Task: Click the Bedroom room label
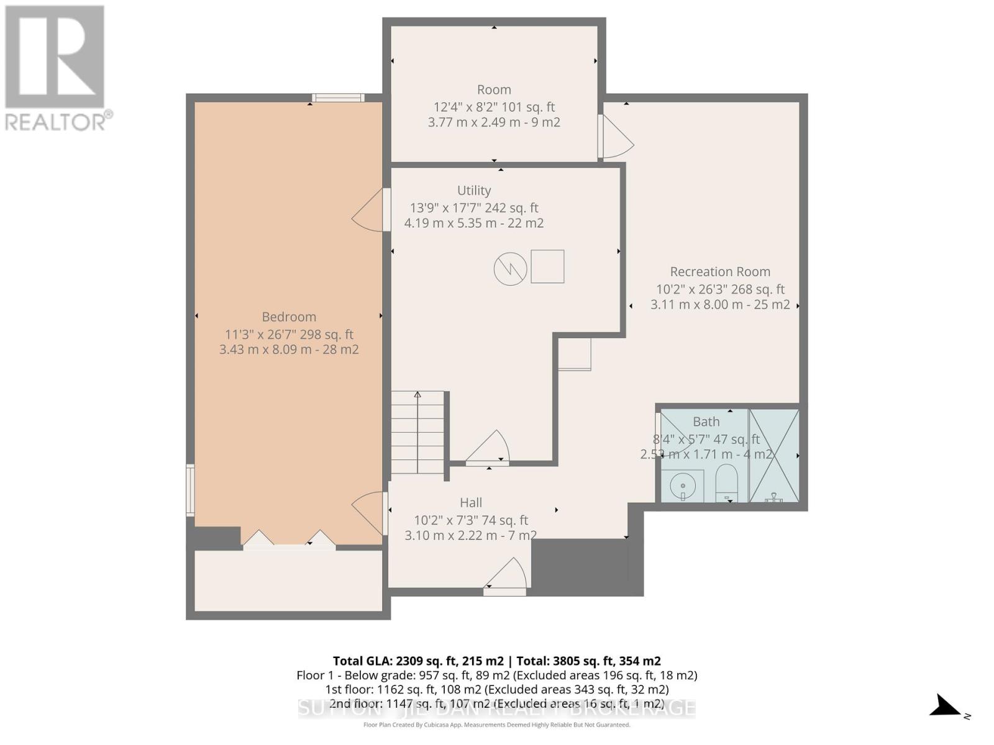point(289,317)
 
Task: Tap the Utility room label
point(474,191)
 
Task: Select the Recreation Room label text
point(720,272)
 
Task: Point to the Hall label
point(471,503)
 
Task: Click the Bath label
point(706,422)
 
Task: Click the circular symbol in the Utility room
point(510,269)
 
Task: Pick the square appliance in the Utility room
point(547,266)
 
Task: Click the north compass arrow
point(947,707)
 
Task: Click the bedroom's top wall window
point(338,97)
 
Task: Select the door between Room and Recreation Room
point(615,138)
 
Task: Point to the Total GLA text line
point(496,661)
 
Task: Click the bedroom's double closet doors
point(290,540)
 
